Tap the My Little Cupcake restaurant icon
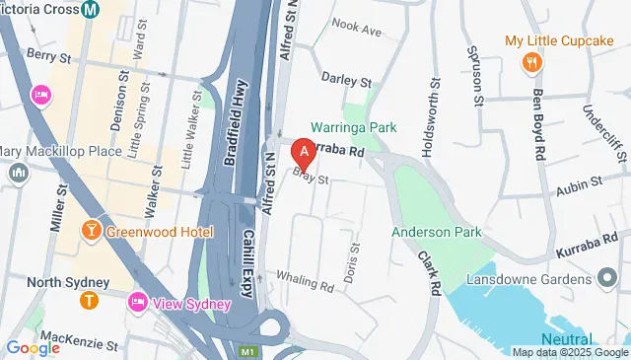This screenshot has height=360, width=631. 532,62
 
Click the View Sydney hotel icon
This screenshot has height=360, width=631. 138,302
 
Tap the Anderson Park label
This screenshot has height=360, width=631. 436,232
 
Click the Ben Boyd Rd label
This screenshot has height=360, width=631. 538,125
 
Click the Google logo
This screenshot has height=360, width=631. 33,347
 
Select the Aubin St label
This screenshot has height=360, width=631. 579,182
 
